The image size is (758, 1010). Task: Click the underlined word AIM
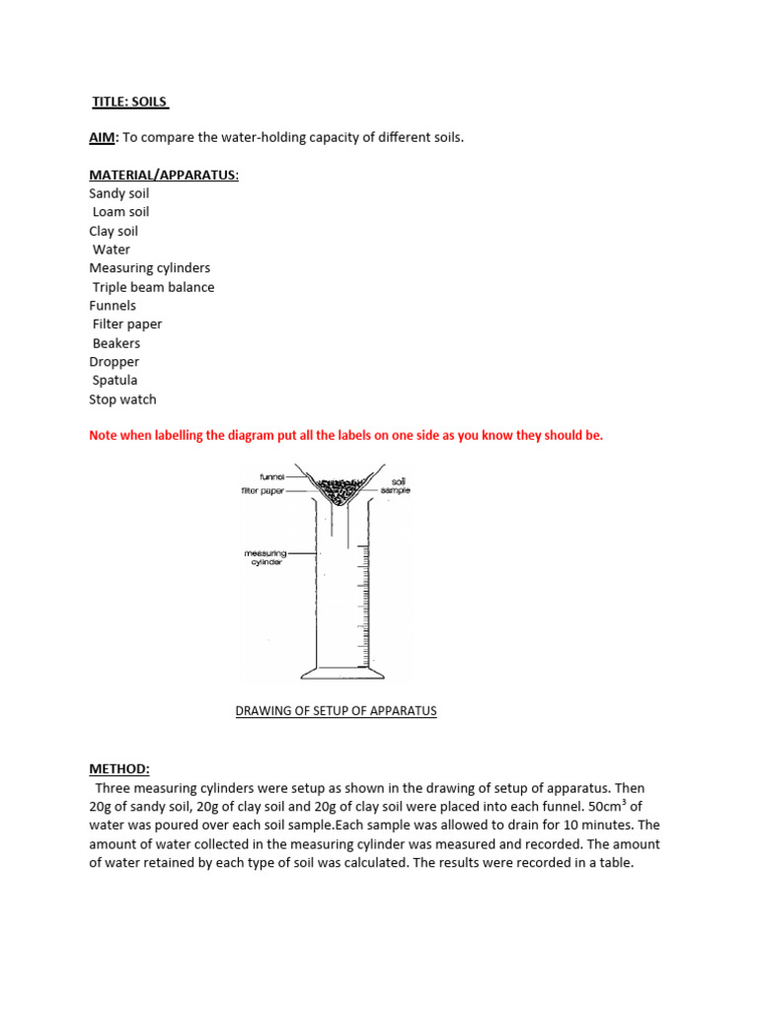[x=103, y=137]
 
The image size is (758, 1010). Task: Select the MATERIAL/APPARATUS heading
[x=164, y=175]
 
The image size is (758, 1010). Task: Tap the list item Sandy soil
[x=118, y=193]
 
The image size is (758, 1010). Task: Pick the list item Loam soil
[x=120, y=212]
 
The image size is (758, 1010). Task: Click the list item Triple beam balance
[x=153, y=287]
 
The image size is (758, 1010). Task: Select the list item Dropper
[x=114, y=361]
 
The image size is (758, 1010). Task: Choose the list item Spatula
[x=114, y=380]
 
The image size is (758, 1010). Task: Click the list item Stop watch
[x=122, y=399]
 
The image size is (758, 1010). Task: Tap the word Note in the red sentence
[x=105, y=435]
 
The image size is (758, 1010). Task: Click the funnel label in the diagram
[x=272, y=476]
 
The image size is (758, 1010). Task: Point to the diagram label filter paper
[x=264, y=490]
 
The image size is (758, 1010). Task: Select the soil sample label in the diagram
[x=398, y=485]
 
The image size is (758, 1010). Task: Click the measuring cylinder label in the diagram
[x=264, y=557]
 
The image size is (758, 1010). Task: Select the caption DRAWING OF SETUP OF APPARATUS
[x=336, y=710]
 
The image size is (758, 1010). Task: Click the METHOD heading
[x=118, y=768]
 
